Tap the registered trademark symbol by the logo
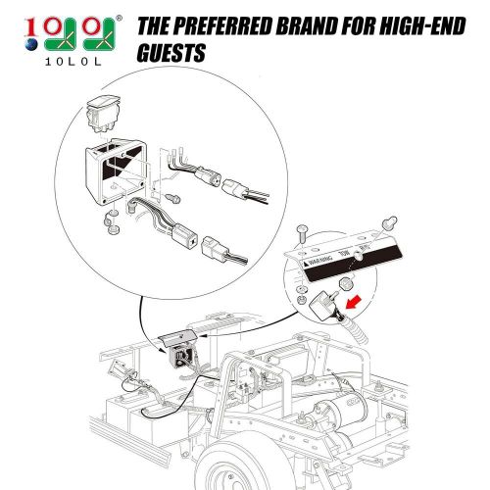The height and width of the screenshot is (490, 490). coord(120,17)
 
